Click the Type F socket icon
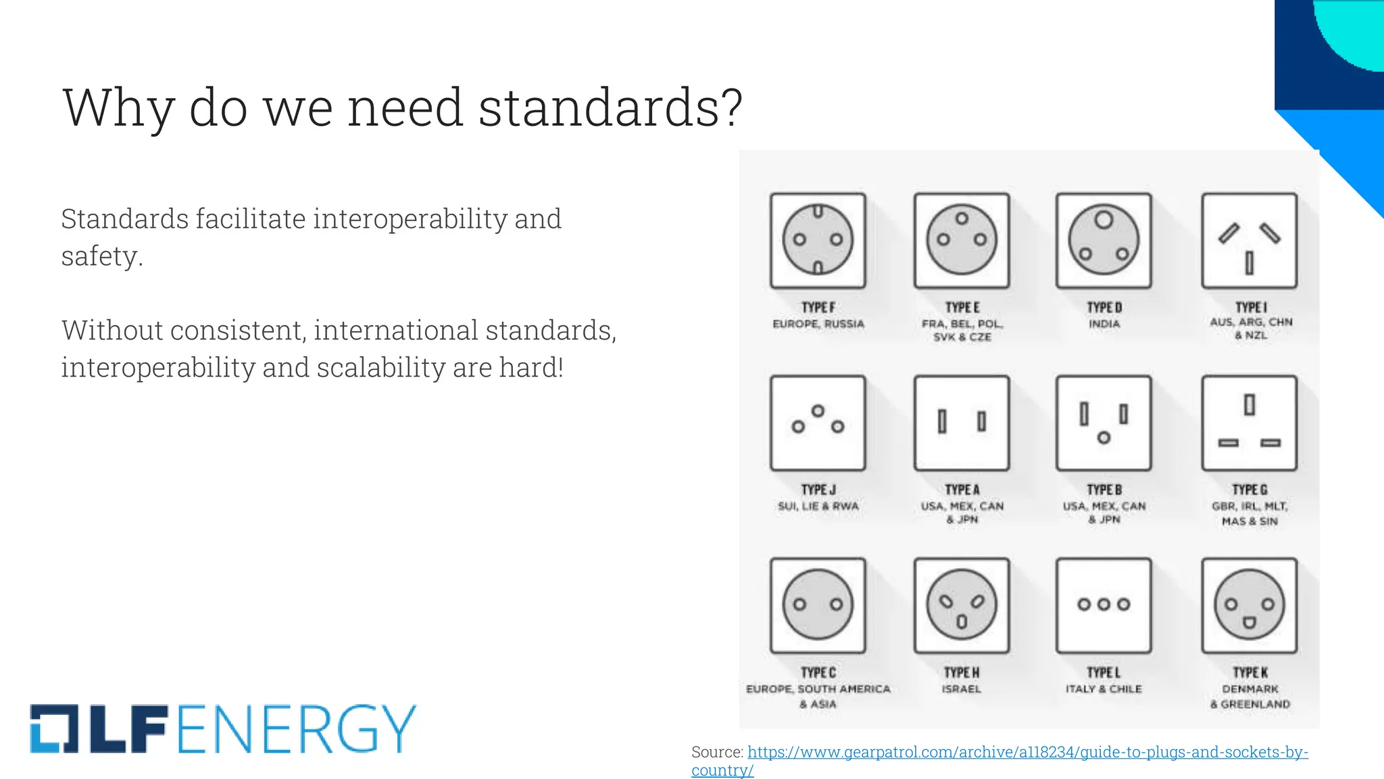[x=818, y=241]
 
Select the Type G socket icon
[x=1249, y=423]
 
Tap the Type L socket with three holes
[x=1104, y=605]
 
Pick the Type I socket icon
[x=1249, y=241]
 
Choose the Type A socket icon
[x=962, y=423]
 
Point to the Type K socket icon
[x=1249, y=605]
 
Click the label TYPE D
[x=1104, y=308]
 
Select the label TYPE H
[x=962, y=673]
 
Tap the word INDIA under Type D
[x=1104, y=324]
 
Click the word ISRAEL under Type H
[x=962, y=689]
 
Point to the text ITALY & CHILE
[x=1104, y=689]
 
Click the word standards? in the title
[x=610, y=108]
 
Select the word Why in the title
[x=119, y=108]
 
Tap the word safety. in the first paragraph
[x=102, y=256]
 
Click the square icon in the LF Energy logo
[x=54, y=729]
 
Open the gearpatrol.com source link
[x=1027, y=752]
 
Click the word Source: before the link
[x=717, y=752]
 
